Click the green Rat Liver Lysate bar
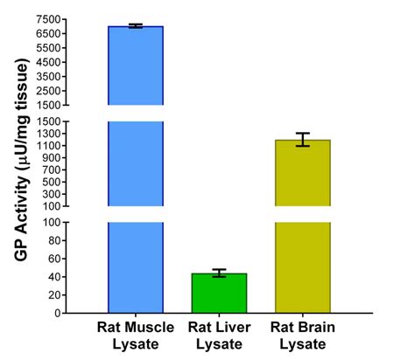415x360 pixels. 219,293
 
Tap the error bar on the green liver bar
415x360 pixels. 219,273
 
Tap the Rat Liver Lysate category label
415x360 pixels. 219,336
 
